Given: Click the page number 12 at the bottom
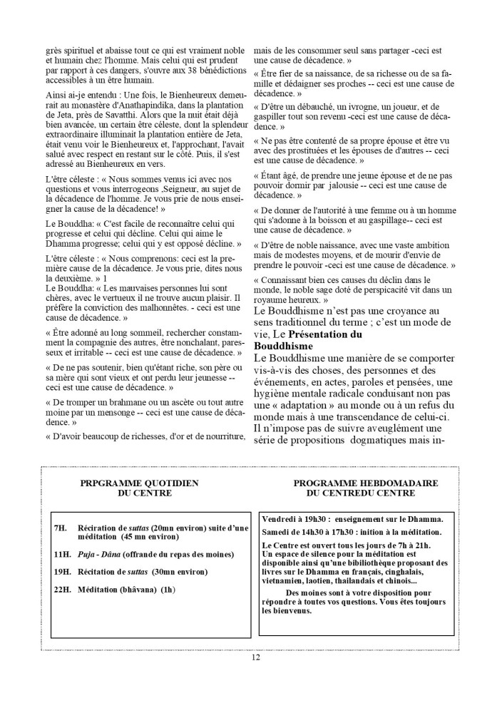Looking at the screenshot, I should pyautogui.click(x=255, y=657).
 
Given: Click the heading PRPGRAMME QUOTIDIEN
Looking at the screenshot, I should pyautogui.click(x=139, y=483).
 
